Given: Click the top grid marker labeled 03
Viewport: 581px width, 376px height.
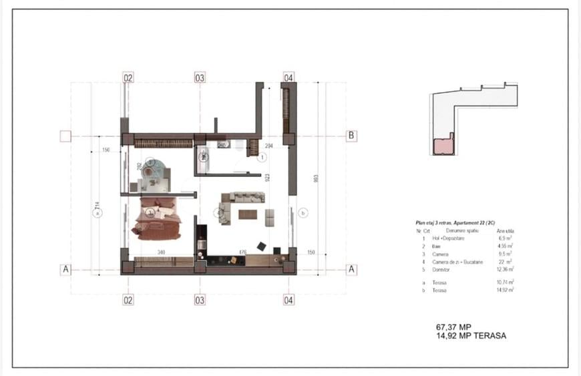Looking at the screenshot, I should pos(200,78).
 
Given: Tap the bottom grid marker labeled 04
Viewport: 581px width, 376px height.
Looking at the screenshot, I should pos(288,301).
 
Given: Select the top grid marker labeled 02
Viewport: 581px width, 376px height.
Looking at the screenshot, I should pos(128,78).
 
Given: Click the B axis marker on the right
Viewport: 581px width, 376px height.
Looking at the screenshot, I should pos(351,136).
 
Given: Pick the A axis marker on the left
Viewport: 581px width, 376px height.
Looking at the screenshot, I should pos(65,270).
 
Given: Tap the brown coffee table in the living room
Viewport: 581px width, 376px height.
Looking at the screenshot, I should pos(247,214).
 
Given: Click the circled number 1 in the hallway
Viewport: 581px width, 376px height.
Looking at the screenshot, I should pos(262,158).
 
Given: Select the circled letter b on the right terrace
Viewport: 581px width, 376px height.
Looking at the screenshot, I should pos(303,213).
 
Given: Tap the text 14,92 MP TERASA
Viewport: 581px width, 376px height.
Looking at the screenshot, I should pos(470,336).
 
